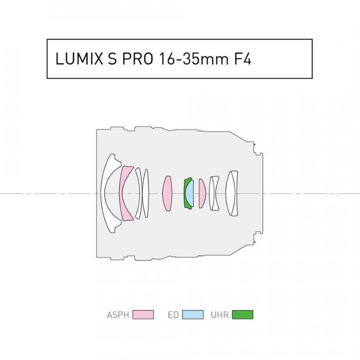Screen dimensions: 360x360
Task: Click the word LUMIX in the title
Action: [x=79, y=59]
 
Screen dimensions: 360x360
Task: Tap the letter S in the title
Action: [x=112, y=59]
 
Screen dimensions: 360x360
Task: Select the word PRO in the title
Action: [x=137, y=59]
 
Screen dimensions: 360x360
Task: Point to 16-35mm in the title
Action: [x=193, y=59]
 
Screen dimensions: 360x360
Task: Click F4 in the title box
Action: [x=243, y=59]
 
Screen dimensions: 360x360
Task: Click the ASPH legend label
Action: [x=118, y=314]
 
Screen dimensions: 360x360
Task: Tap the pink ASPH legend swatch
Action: [x=143, y=314]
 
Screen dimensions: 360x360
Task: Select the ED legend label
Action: [x=173, y=314]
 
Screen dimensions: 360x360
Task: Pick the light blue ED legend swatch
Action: [x=193, y=314]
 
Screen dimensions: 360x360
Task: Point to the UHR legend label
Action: [x=220, y=314]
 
